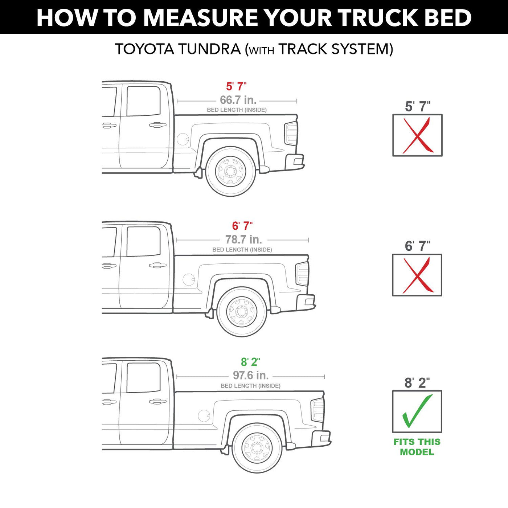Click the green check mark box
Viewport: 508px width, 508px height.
[x=417, y=411]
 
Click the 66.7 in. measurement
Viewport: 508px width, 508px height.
[x=238, y=100]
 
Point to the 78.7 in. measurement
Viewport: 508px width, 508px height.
[x=243, y=239]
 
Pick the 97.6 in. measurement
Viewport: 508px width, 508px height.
[x=251, y=375]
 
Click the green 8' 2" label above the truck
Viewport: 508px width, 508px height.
[x=250, y=362]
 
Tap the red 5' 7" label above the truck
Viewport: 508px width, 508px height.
[x=236, y=86]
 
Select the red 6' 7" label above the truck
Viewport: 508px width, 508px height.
[x=242, y=226]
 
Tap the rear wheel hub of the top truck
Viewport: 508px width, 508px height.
[x=230, y=172]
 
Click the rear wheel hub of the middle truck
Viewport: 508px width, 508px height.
[x=241, y=312]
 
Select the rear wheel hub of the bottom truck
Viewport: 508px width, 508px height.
[x=257, y=448]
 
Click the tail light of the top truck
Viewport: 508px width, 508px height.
[x=291, y=134]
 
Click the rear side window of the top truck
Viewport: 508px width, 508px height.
[x=143, y=101]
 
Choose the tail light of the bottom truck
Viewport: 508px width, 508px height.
[x=317, y=410]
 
